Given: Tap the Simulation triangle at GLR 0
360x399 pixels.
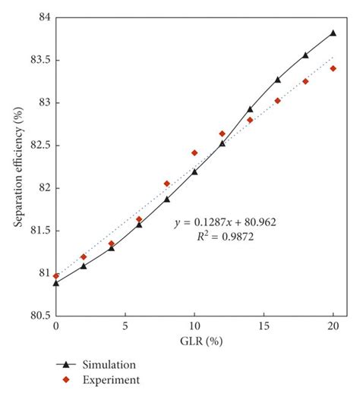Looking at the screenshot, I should pos(56,282).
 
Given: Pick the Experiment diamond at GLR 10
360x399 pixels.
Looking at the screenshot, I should pos(194,152).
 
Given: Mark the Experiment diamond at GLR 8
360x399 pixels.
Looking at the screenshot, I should pos(166,184).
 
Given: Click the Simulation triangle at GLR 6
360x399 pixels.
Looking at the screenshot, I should pos(139,225).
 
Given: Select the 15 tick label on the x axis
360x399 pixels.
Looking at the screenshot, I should pos(264,326).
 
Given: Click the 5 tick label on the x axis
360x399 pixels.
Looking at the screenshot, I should pos(125,326).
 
